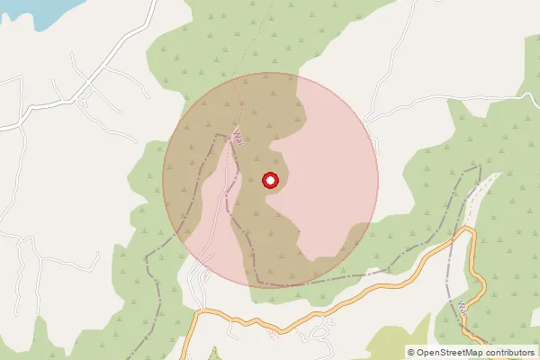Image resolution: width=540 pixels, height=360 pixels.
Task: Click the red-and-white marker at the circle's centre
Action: click(270, 181)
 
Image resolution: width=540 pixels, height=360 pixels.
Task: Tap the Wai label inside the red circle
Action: click(238, 138)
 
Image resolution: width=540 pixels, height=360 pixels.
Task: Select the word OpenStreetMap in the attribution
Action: click(455, 352)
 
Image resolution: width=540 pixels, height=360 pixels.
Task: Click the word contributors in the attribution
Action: click(512, 352)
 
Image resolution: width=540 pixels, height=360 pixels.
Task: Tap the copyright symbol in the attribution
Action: click(411, 352)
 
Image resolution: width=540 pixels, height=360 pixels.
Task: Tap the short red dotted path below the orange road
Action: click(273, 335)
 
